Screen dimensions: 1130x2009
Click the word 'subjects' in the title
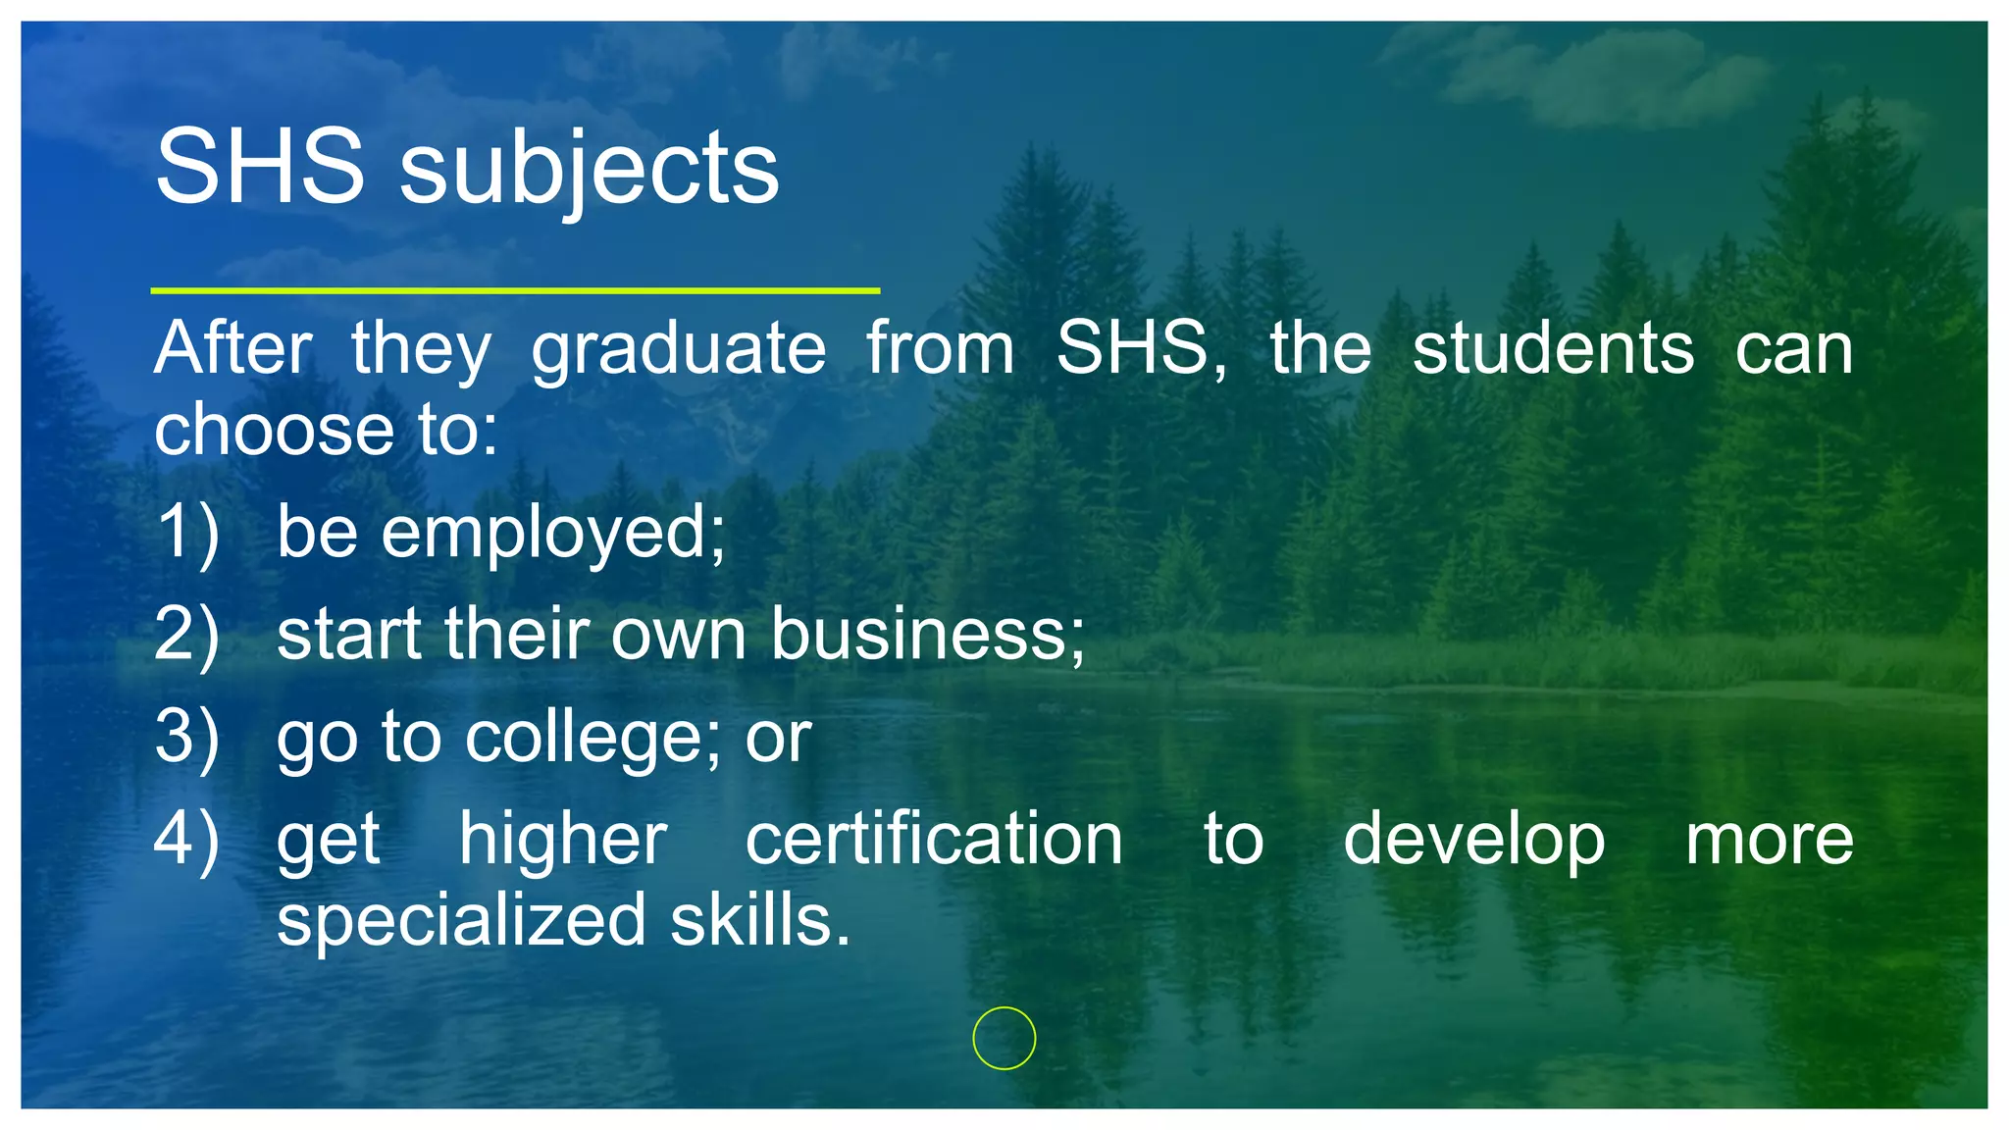pyautogui.click(x=589, y=169)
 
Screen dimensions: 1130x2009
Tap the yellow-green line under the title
pyautogui.click(x=515, y=290)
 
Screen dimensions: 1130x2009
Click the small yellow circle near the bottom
pyautogui.click(x=1004, y=1038)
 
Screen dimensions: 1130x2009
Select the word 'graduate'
pyautogui.click(x=679, y=350)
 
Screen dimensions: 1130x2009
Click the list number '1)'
pyautogui.click(x=187, y=533)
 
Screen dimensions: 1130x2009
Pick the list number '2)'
pyautogui.click(x=187, y=635)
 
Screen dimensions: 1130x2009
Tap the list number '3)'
pyautogui.click(x=187, y=737)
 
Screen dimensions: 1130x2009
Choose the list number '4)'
pyautogui.click(x=187, y=840)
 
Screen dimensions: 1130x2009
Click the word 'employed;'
pyautogui.click(x=553, y=533)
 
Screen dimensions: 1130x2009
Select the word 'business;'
pyautogui.click(x=928, y=634)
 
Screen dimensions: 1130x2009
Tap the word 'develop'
pyautogui.click(x=1473, y=841)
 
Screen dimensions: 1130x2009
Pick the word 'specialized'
pyautogui.click(x=461, y=921)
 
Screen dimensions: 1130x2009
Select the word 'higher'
pyautogui.click(x=563, y=841)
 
